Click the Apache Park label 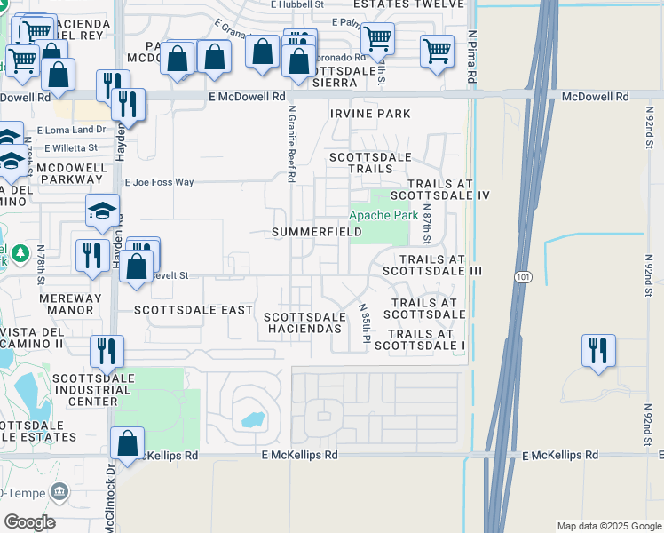click(x=383, y=215)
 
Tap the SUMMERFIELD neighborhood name click(x=317, y=233)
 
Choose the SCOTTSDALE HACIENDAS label click(x=304, y=322)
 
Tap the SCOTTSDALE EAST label click(x=194, y=310)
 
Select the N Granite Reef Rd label click(x=291, y=143)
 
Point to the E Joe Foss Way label click(x=159, y=182)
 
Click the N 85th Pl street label click(x=365, y=323)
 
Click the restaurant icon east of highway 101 click(x=598, y=349)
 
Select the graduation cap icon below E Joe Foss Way click(x=103, y=211)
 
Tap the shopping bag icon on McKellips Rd click(x=128, y=442)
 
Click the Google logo click(x=29, y=522)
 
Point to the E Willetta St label click(x=75, y=147)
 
